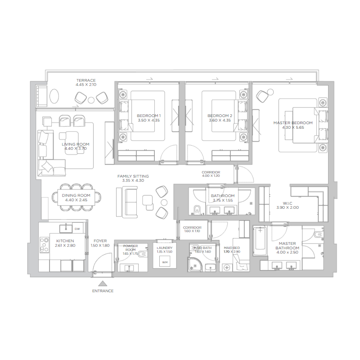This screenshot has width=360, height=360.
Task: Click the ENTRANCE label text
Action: [103, 291]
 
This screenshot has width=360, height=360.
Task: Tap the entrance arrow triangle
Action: [103, 283]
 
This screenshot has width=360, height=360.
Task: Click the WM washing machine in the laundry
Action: [165, 262]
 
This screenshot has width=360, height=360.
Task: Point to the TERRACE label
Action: [85, 80]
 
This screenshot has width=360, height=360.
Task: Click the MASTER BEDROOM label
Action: [292, 123]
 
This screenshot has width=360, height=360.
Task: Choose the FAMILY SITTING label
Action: [133, 176]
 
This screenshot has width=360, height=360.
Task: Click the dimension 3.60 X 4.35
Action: [220, 121]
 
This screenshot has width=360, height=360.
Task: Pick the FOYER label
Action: [100, 241]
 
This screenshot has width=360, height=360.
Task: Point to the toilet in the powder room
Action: [142, 254]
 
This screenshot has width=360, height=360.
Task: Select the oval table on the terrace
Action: [54, 96]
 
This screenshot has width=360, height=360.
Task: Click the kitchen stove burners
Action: [44, 245]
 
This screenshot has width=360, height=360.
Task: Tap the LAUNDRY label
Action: [165, 248]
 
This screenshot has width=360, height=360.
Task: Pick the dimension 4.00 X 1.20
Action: [211, 176]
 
